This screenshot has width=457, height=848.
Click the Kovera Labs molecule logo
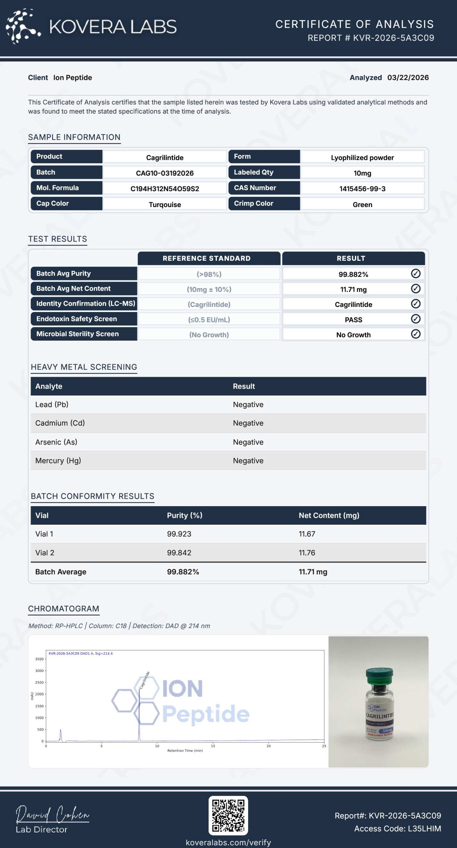click(23, 26)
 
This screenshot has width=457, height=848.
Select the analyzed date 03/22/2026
click(408, 78)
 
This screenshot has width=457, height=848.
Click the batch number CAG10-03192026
click(164, 173)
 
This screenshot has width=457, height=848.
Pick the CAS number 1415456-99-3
click(362, 189)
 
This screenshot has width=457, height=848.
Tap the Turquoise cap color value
click(164, 204)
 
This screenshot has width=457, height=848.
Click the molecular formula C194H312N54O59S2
click(164, 189)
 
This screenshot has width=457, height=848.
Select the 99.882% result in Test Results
click(353, 274)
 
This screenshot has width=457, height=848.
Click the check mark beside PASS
click(416, 319)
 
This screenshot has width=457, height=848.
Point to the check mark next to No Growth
click(416, 334)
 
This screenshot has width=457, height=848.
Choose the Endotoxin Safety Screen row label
click(77, 319)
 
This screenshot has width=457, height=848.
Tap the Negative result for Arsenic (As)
click(248, 442)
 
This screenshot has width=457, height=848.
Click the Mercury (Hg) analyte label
click(58, 461)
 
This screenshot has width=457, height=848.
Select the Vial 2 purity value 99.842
click(179, 553)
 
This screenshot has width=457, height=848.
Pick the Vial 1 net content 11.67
click(307, 534)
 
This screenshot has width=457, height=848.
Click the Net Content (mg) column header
click(329, 515)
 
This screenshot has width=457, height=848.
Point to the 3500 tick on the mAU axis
click(39, 659)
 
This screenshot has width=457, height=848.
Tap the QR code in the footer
click(228, 816)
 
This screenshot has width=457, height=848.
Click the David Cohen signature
click(52, 815)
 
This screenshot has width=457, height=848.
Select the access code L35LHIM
click(424, 828)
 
